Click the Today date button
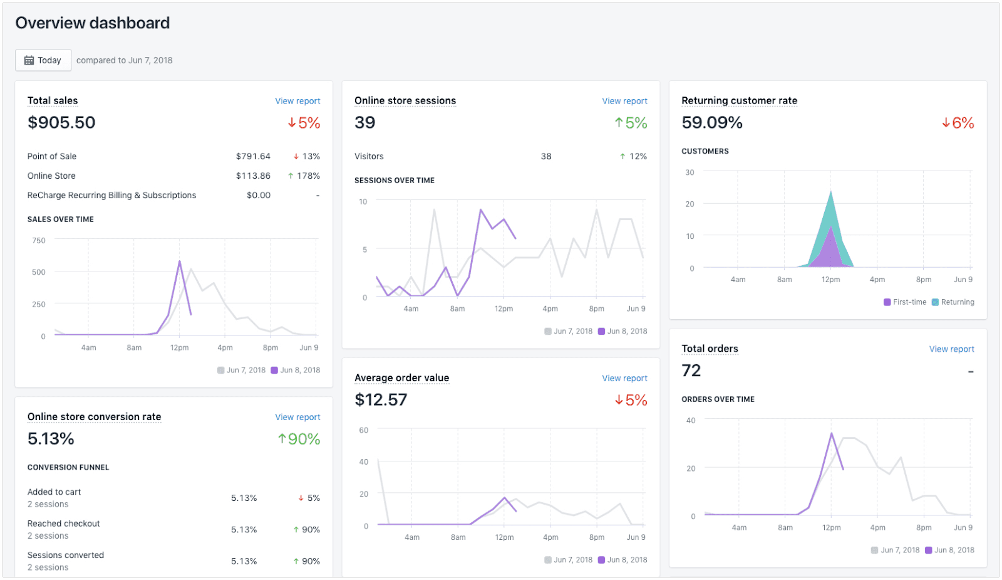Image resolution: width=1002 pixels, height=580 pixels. [x=43, y=60]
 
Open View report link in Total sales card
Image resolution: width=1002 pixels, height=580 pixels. [x=297, y=101]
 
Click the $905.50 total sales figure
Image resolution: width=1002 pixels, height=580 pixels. [x=61, y=122]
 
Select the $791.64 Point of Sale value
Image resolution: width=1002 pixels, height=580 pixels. [x=253, y=156]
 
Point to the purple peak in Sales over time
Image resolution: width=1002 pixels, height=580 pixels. [x=180, y=261]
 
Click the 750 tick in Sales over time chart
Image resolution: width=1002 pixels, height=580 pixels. [x=39, y=240]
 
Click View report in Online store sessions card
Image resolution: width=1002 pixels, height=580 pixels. [x=624, y=101]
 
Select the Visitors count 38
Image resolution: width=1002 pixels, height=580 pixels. [x=546, y=156]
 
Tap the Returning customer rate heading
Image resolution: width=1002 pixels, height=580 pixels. [x=739, y=100]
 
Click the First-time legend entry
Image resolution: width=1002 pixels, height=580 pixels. [x=905, y=302]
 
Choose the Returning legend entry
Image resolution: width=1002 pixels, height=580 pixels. [x=953, y=302]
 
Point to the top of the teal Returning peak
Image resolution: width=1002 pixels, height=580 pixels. [x=831, y=192]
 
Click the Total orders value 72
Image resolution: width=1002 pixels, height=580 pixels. [x=691, y=371]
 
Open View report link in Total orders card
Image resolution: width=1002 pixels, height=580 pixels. [x=951, y=349]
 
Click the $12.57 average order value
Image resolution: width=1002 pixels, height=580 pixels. [x=381, y=399]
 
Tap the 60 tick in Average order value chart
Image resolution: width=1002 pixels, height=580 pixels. [x=364, y=430]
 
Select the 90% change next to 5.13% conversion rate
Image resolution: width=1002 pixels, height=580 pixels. [x=299, y=439]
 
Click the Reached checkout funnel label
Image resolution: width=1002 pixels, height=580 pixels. [x=64, y=524]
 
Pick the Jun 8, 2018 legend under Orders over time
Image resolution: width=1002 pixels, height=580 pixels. [x=949, y=550]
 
